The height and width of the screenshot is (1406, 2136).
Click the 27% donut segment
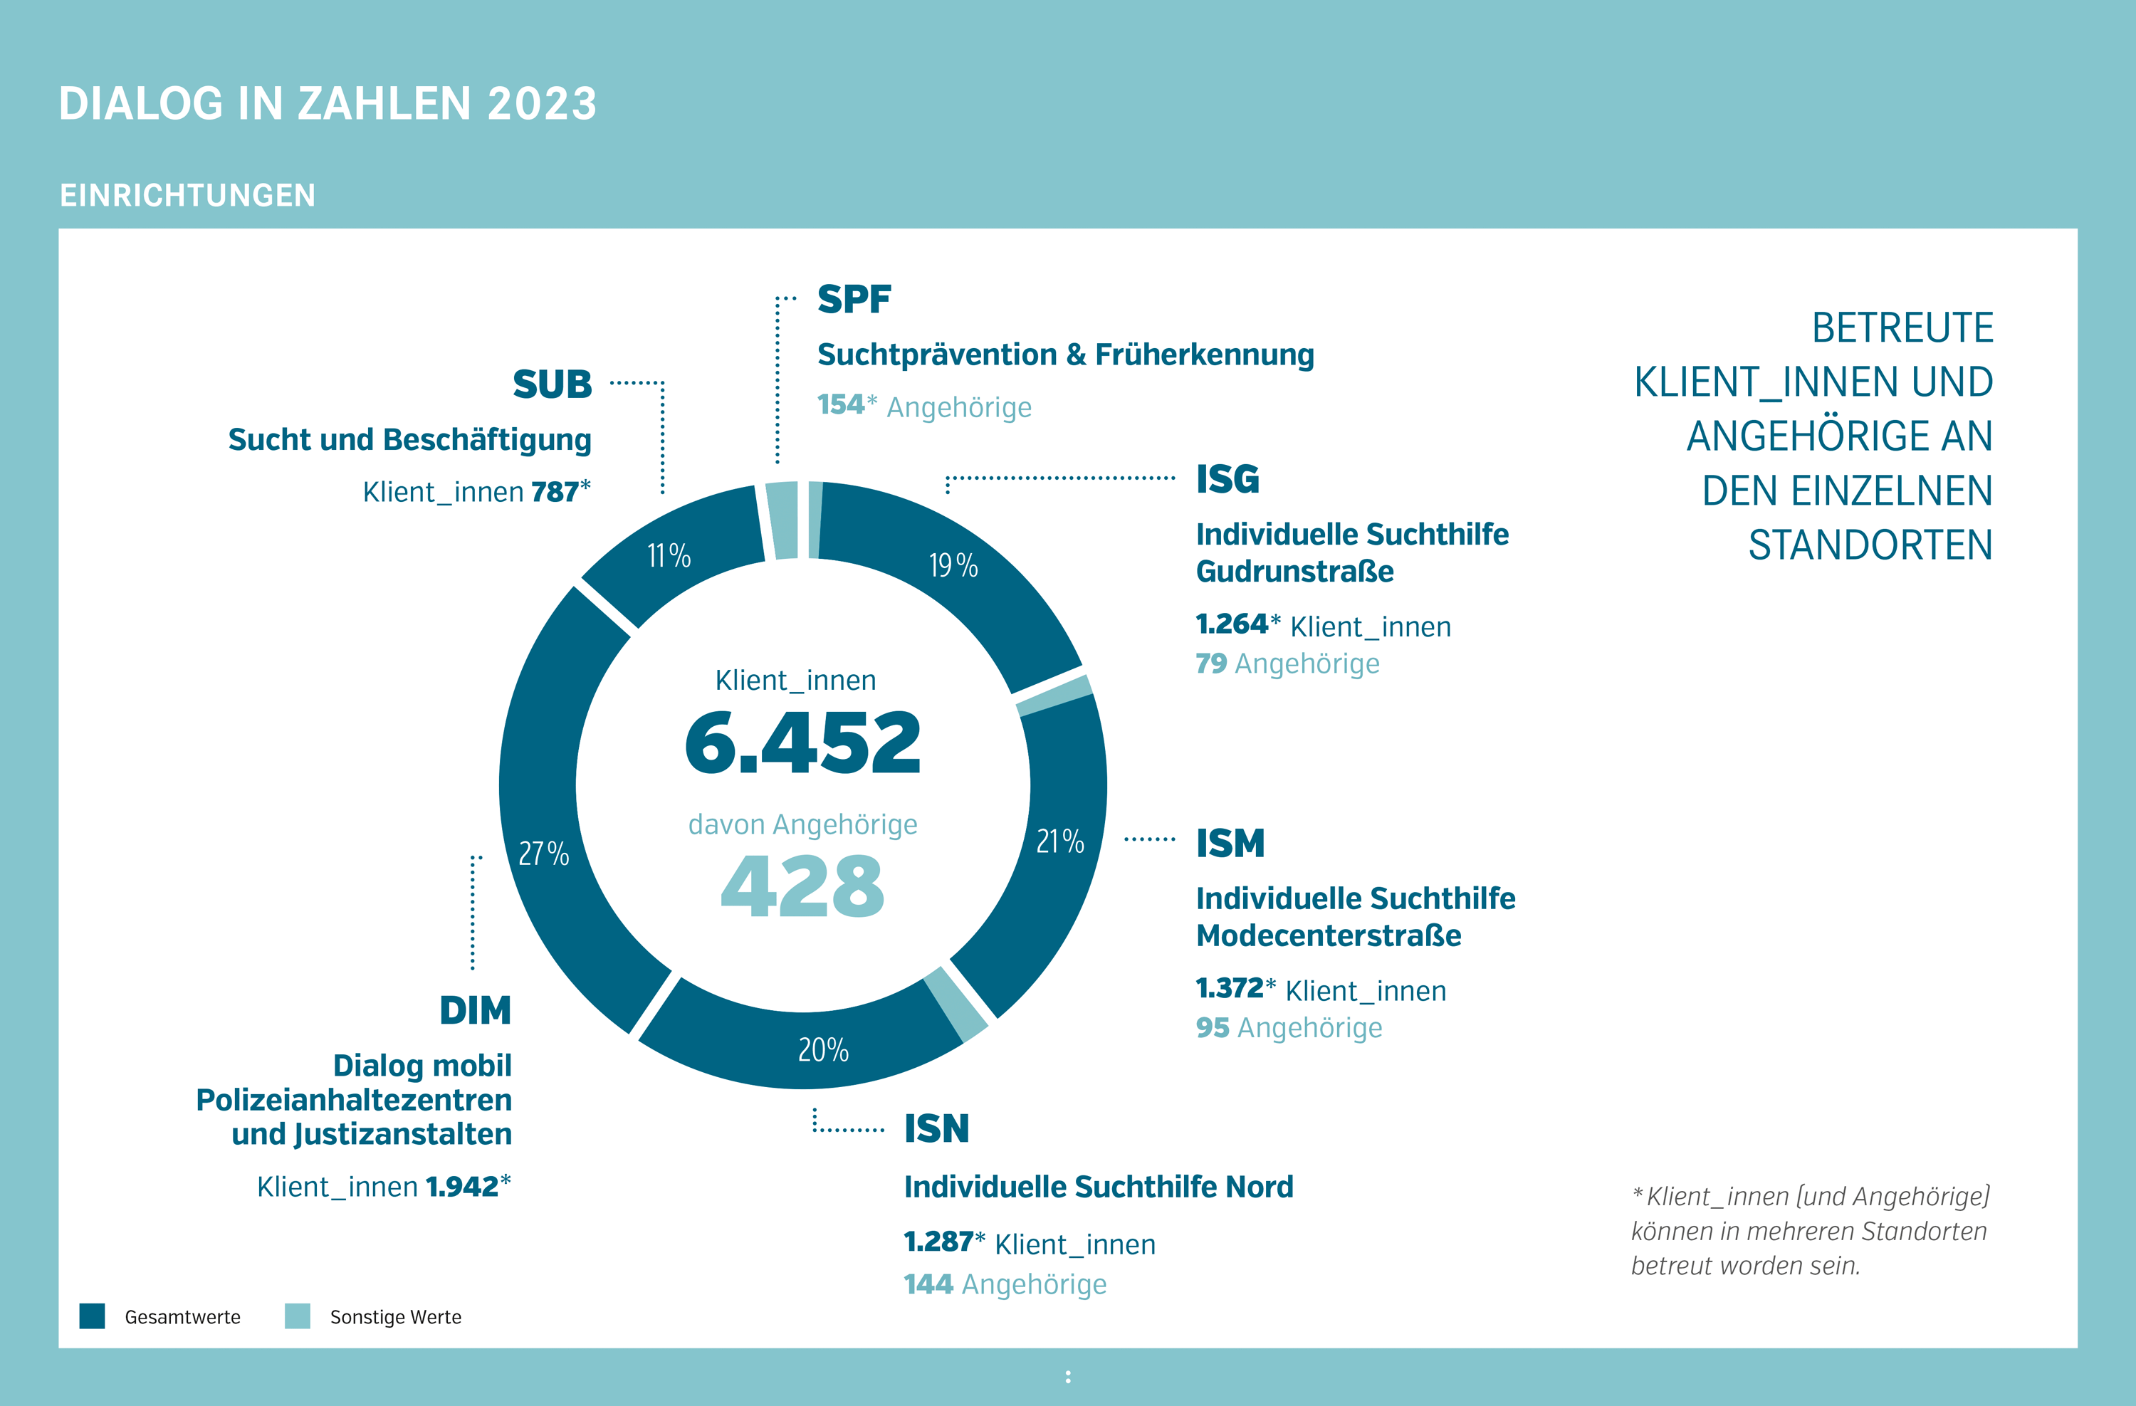click(x=544, y=852)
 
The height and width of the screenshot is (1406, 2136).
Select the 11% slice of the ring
click(x=669, y=555)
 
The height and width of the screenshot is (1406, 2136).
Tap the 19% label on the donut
click(x=953, y=565)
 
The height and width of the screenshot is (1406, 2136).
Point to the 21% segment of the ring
click(x=1060, y=841)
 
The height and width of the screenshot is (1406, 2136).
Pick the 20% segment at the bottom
click(x=823, y=1049)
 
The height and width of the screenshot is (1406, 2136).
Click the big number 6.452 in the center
click(x=802, y=743)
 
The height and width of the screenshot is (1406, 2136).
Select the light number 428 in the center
click(x=802, y=886)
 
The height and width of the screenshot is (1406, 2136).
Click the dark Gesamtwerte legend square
click(x=93, y=1316)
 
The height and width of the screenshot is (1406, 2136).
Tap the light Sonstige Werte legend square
click(x=297, y=1316)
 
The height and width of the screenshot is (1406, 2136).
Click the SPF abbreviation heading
click(x=854, y=299)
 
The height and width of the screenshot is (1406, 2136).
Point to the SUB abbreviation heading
click(x=552, y=384)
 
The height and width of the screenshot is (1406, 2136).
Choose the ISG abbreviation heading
click(x=1227, y=479)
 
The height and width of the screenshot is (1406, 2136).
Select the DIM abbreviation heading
click(x=475, y=1010)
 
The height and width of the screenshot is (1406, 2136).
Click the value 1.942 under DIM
click(x=461, y=1186)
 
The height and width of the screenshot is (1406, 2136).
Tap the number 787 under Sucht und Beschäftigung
click(x=555, y=492)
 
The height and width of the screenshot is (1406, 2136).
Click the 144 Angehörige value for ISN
click(x=928, y=1284)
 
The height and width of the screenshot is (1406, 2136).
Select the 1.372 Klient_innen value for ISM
click(x=1230, y=988)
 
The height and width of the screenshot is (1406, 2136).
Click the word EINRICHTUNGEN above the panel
click(x=187, y=195)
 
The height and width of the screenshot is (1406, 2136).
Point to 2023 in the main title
click(x=542, y=103)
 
